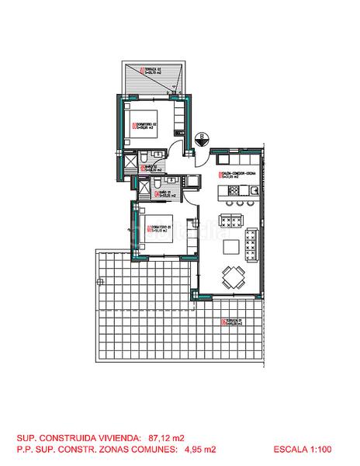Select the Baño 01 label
click(164, 195)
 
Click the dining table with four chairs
click(232, 276)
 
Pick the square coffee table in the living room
click(232, 247)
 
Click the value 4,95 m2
click(200, 450)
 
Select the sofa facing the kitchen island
click(232, 217)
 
